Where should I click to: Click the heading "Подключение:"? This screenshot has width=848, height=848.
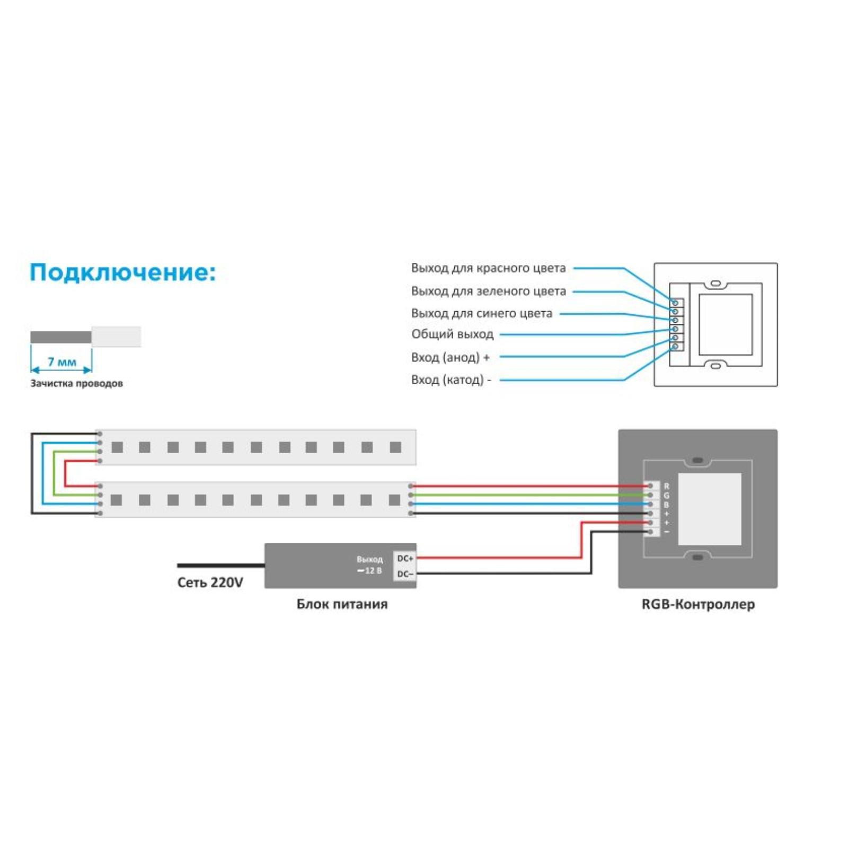(x=122, y=272)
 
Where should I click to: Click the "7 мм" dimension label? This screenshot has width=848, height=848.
(x=62, y=362)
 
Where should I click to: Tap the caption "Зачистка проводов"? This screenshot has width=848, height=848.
(x=76, y=383)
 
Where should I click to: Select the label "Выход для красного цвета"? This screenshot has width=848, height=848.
(x=488, y=268)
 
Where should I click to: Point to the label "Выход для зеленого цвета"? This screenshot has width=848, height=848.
(x=488, y=291)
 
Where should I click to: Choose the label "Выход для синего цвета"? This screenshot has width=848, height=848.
(x=481, y=313)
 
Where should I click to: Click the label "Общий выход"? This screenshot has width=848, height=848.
(x=452, y=334)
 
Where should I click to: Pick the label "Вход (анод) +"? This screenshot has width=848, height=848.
(x=450, y=357)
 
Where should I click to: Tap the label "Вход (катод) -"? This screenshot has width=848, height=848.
(x=450, y=379)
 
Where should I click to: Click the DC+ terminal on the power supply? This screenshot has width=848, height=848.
(x=405, y=559)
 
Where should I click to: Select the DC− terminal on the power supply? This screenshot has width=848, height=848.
(x=405, y=574)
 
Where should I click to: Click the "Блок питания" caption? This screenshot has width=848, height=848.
(x=342, y=604)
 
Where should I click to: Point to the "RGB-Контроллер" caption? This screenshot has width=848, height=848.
(x=698, y=604)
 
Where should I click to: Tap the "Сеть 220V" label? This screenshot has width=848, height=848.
(x=210, y=582)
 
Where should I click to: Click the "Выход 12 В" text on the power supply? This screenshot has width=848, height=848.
(x=369, y=565)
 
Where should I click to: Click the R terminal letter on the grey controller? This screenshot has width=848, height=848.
(x=666, y=486)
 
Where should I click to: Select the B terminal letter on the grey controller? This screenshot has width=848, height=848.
(x=666, y=505)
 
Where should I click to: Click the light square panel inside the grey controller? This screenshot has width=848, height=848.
(x=710, y=509)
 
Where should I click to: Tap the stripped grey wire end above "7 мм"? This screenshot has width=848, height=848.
(x=60, y=337)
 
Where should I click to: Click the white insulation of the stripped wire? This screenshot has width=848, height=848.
(x=116, y=337)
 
